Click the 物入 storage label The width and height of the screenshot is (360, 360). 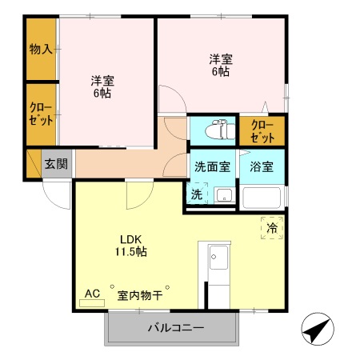[41, 49]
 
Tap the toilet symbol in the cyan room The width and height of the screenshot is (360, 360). [216, 129]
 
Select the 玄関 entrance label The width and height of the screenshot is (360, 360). [55, 164]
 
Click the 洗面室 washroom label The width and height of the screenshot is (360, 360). [212, 167]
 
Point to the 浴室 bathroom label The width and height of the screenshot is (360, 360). [261, 167]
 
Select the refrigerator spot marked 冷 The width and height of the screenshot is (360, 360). [273, 229]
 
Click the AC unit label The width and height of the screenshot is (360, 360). [92, 294]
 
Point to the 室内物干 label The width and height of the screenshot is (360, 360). [140, 295]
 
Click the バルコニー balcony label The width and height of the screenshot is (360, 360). [175, 328]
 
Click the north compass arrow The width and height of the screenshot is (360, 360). [317, 330]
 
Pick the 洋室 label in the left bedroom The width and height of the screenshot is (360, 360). [102, 86]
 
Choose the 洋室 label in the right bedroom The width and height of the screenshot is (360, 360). [220, 65]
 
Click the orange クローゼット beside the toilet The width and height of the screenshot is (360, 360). [262, 130]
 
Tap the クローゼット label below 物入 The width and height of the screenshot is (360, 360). [42, 114]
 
